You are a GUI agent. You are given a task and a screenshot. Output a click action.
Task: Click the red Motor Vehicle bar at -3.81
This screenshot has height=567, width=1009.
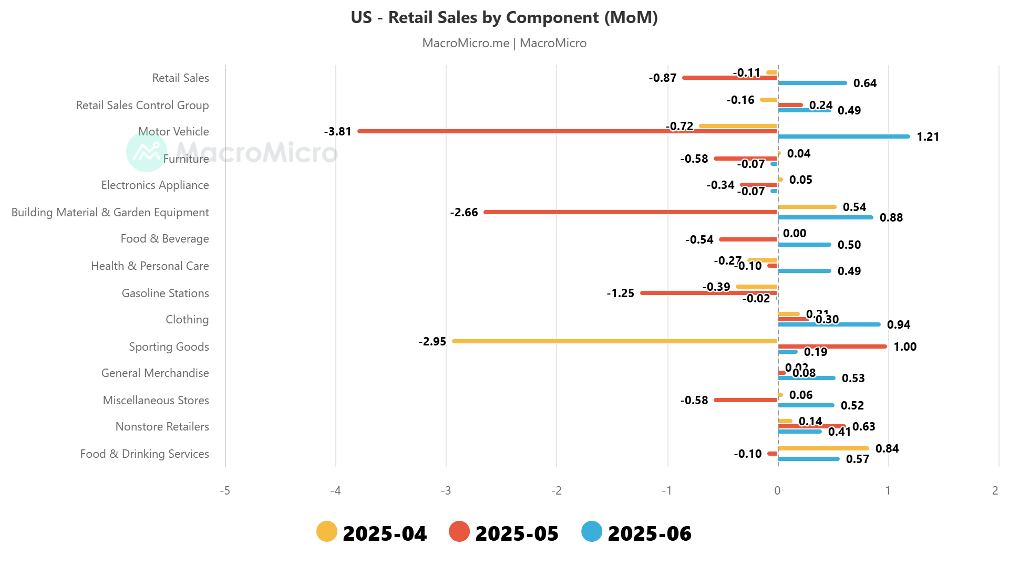568,131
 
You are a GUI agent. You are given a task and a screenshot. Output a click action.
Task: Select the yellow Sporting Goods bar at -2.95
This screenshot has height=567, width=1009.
615,341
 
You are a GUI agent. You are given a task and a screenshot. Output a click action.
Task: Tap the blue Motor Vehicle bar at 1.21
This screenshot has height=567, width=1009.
843,136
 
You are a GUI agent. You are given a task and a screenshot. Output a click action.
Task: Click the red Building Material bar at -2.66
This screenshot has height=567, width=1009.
631,212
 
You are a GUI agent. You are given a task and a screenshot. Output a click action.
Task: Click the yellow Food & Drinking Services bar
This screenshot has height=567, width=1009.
823,448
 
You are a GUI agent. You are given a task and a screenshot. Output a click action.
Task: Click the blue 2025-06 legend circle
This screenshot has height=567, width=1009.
592,531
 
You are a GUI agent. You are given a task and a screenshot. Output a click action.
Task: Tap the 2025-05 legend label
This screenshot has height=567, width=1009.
517,533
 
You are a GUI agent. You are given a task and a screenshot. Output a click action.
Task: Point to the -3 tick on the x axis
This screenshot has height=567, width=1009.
446,490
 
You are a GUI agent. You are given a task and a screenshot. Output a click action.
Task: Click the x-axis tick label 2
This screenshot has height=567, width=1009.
995,490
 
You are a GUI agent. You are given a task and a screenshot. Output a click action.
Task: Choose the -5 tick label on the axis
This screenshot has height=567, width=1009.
225,490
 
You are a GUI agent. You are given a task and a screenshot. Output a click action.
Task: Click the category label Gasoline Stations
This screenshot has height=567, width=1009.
165,293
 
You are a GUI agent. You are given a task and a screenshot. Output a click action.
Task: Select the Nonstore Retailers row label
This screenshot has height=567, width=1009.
162,426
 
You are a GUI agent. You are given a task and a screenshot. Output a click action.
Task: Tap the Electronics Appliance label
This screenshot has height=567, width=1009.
155,185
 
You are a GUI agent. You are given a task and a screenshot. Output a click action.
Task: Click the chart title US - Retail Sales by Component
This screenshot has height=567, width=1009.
504,17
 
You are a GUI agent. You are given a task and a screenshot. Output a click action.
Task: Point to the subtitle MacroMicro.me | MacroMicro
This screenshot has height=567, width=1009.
504,43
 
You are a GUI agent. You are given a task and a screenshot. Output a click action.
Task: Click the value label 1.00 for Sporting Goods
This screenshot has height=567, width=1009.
905,346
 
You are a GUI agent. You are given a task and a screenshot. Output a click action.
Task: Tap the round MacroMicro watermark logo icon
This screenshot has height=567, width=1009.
147,152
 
